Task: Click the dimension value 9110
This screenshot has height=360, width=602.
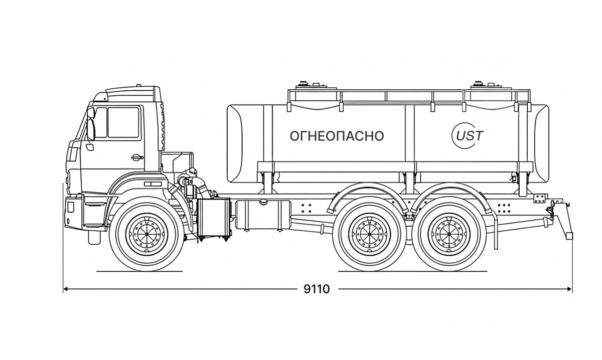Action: pyautogui.click(x=317, y=289)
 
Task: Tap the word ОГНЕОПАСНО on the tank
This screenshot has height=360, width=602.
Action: pyautogui.click(x=337, y=136)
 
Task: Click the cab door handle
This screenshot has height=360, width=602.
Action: pyautogui.click(x=136, y=157)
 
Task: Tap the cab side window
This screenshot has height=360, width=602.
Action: pyautogui.click(x=123, y=123)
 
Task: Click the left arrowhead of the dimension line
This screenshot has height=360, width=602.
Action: pyautogui.click(x=65, y=289)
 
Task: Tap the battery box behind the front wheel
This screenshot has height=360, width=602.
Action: pyautogui.click(x=214, y=218)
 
